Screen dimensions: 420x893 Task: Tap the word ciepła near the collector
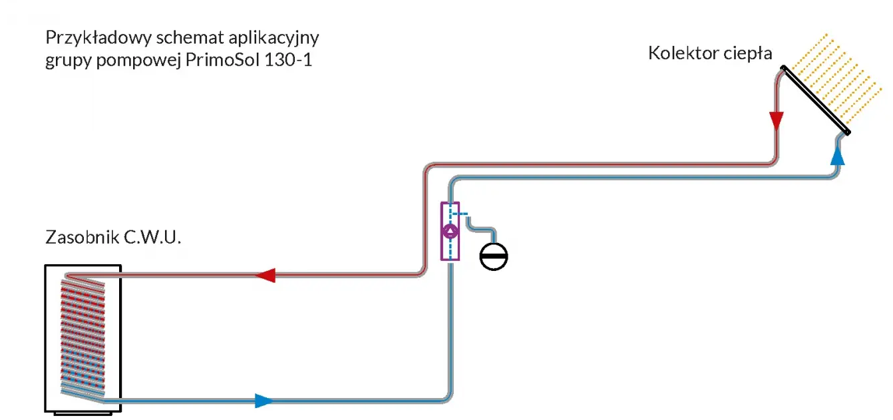(x=747, y=54)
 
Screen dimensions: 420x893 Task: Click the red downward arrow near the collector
(x=776, y=121)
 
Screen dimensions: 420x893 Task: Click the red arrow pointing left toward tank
(x=266, y=274)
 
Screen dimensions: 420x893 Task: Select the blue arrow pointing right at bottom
(x=264, y=400)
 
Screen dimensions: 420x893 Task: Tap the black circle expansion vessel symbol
(x=494, y=256)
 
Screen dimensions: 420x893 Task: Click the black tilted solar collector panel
(x=816, y=100)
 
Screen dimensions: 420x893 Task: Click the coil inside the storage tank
(x=83, y=339)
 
